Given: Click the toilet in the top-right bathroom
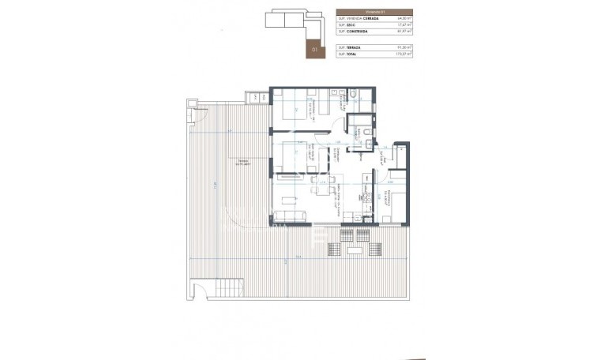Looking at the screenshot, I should tap(354, 96).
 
